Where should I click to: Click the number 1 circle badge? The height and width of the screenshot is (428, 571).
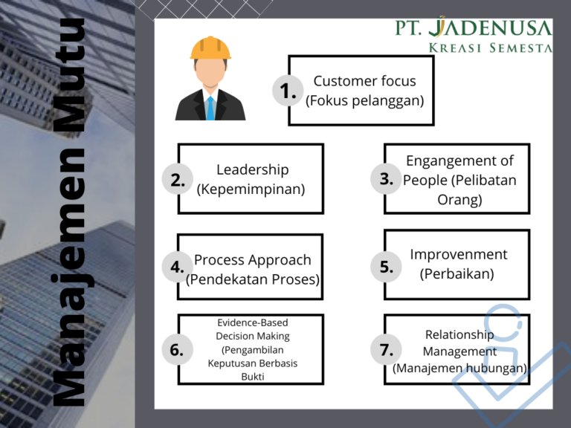tap(287, 91)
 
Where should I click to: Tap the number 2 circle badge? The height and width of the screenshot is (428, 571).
tap(177, 179)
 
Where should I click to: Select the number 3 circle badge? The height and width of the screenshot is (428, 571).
tap(386, 179)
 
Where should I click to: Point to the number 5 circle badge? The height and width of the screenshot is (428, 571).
tap(386, 267)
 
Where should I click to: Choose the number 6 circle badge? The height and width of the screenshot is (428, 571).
tap(177, 349)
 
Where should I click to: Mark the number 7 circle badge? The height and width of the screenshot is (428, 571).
tap(386, 349)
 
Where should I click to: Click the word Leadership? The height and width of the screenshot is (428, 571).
tap(252, 170)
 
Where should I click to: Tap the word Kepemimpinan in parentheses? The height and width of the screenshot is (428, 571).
tap(251, 189)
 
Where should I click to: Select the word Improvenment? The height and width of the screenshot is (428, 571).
tap(459, 254)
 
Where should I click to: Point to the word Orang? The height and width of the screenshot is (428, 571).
tap(459, 200)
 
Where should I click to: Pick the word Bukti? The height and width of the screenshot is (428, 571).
tap(252, 377)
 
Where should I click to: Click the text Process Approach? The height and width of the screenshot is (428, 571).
tap(252, 260)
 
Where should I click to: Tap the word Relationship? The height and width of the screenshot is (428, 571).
tap(459, 335)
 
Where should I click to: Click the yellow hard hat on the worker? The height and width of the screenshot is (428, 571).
tap(210, 48)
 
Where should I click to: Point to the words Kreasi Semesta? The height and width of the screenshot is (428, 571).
tap(491, 48)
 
